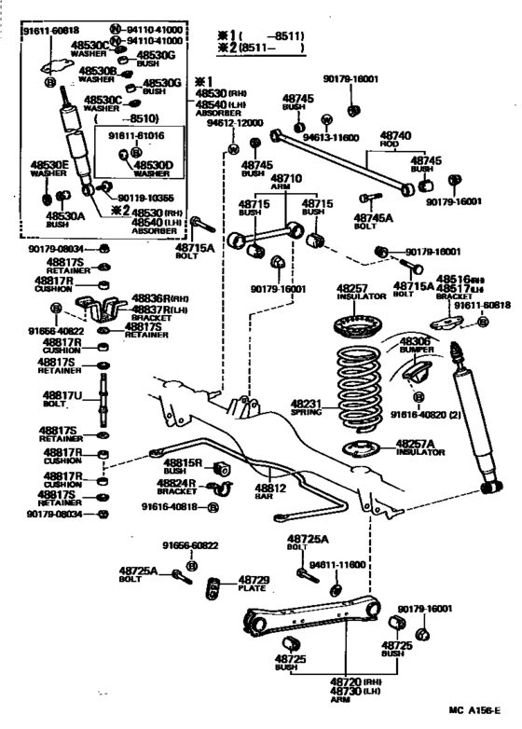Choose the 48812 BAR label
271,488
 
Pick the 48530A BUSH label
60,219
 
